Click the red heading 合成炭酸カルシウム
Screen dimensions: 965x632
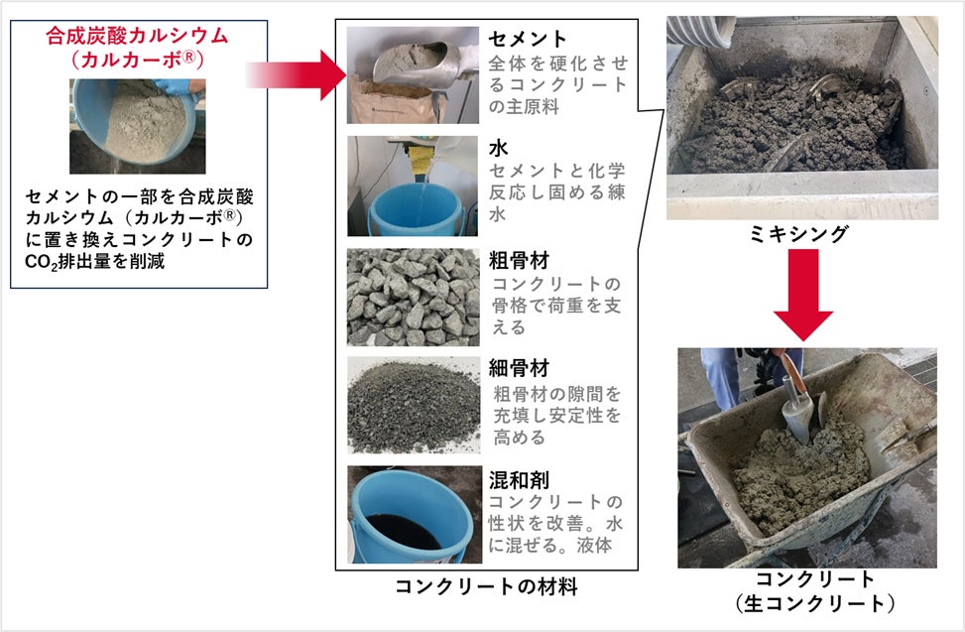[137, 36]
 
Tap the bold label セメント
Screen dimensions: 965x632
[528, 39]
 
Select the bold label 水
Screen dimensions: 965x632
[499, 148]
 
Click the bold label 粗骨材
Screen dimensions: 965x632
[519, 260]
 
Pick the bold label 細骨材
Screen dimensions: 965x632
[519, 368]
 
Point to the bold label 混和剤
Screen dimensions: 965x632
[519, 480]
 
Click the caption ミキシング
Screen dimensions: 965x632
[799, 234]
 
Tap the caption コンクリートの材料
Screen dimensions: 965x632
[486, 586]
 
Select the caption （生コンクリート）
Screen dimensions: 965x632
[815, 603]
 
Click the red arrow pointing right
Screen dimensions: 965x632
[296, 75]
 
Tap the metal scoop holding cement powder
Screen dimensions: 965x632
[419, 63]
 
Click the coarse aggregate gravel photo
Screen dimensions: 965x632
[413, 298]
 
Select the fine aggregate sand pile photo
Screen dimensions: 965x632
[414, 405]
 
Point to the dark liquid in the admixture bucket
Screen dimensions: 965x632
[403, 532]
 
